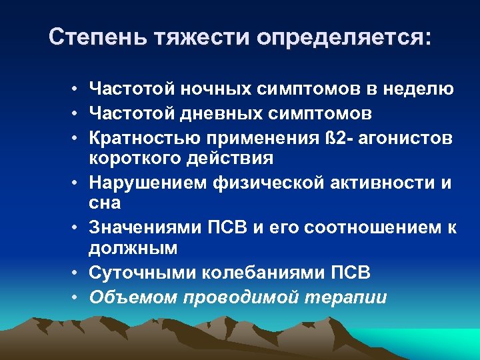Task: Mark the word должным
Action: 133,249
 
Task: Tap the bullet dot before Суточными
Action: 77,273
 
